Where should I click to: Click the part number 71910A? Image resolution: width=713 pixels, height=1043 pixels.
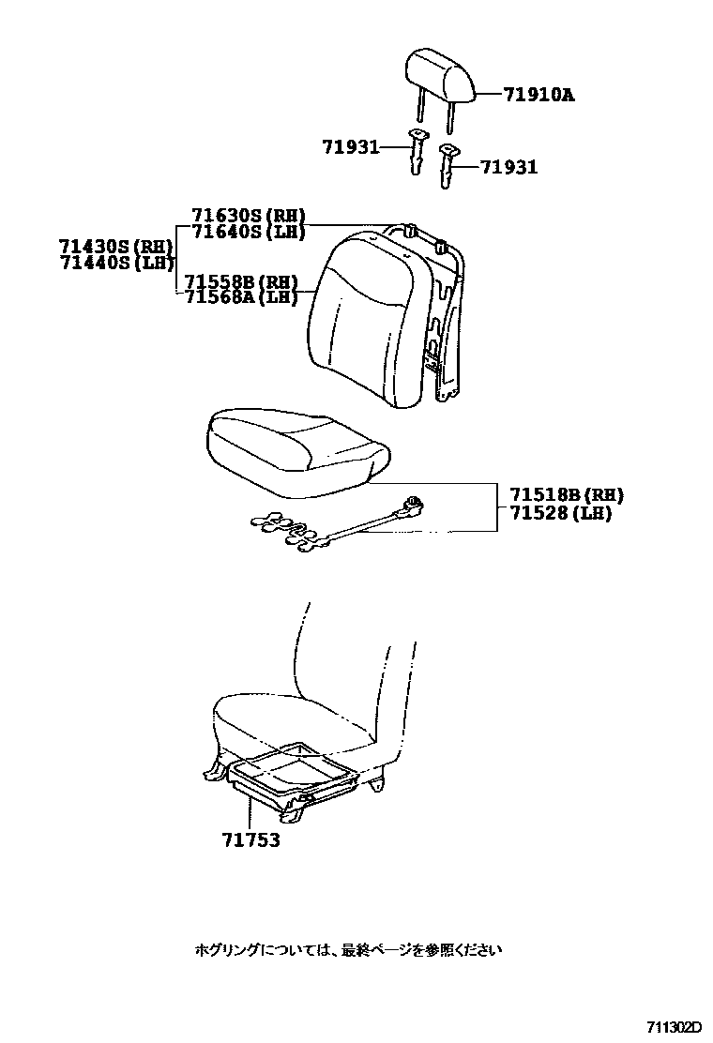pos(538,94)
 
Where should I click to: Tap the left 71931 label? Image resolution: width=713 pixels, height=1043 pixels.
pos(350,147)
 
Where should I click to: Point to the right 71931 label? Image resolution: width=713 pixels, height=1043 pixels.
pos(509,167)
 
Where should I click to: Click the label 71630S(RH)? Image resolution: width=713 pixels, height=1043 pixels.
pos(249,216)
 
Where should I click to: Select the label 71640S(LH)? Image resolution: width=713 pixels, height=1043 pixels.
pos(249,232)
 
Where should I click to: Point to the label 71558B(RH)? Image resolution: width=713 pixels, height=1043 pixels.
pos(241,282)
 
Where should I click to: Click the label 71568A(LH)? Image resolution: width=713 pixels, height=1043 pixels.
pos(241,297)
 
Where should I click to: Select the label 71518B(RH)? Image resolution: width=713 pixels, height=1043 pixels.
pos(567,495)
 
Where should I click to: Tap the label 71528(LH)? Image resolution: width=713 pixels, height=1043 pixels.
pos(560,513)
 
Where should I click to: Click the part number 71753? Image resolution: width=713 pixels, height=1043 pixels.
pos(250,840)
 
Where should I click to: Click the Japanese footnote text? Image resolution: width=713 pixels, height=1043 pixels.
pos(348,949)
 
